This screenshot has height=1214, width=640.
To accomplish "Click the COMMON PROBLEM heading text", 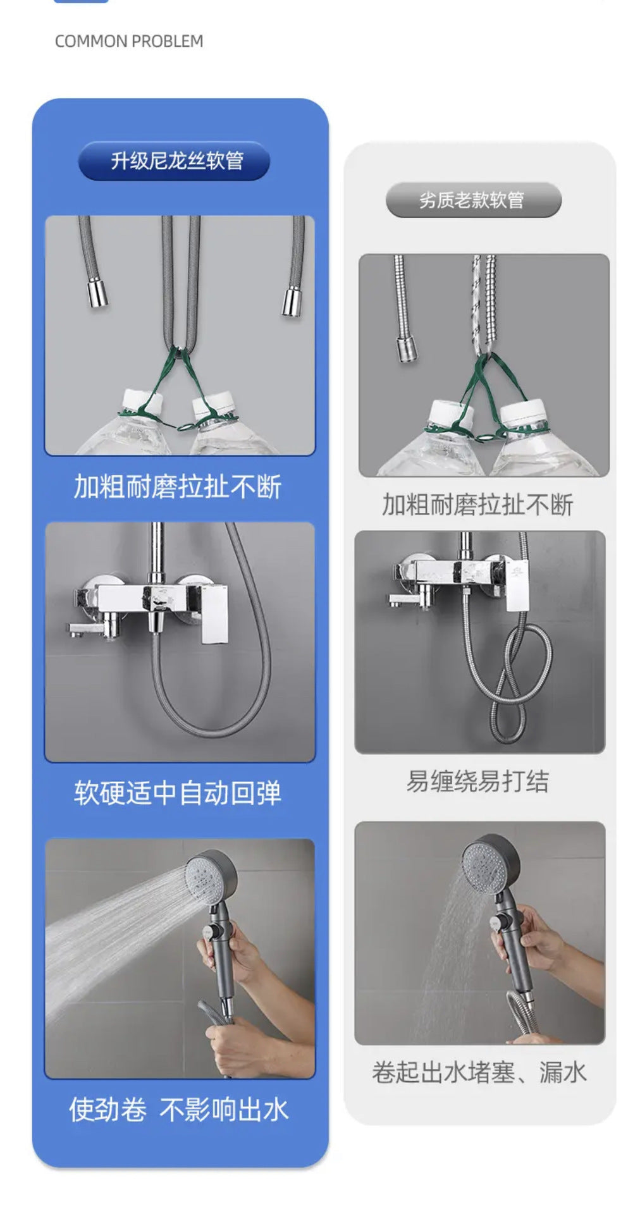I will pyautogui.click(x=129, y=42).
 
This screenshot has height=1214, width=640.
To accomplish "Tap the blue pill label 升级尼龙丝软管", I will pyautogui.click(x=175, y=161).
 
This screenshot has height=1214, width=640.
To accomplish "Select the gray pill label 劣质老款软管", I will pyautogui.click(x=472, y=200).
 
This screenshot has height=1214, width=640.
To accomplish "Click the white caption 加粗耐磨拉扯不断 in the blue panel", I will pyautogui.click(x=178, y=487).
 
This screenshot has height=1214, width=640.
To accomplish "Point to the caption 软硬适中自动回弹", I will pyautogui.click(x=178, y=793).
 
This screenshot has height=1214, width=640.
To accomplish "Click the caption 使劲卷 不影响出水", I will pyautogui.click(x=178, y=1110).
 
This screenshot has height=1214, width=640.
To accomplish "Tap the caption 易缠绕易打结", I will pyautogui.click(x=477, y=782).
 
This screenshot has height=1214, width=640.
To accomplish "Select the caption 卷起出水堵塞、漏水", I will pyautogui.click(x=479, y=1072).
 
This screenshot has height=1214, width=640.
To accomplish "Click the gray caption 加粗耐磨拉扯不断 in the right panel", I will pyautogui.click(x=477, y=505).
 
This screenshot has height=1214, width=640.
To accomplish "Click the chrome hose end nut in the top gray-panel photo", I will pyautogui.click(x=407, y=349).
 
